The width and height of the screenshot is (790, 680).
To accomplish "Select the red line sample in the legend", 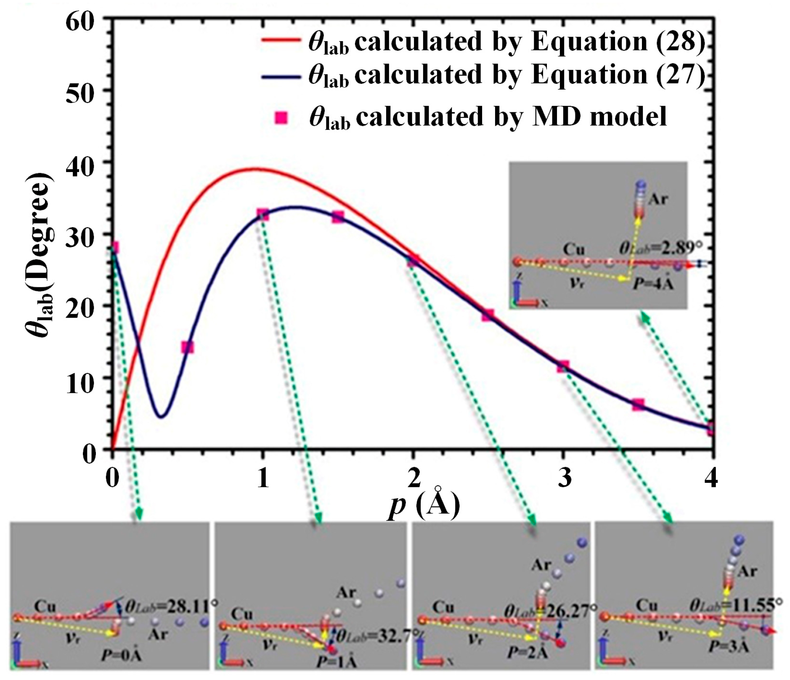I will click(281, 40).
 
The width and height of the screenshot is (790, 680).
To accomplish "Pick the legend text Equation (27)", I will click(618, 75).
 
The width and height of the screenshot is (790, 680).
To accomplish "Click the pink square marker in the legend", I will click(281, 118).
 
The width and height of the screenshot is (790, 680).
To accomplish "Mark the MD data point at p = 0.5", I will click(187, 347).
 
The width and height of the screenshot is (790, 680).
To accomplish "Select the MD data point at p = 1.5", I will click(338, 217).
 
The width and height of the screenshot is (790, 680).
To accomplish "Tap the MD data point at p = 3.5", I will click(638, 405).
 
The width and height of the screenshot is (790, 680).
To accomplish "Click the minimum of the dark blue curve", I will click(161, 416).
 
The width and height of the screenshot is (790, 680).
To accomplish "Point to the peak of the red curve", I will click(254, 169).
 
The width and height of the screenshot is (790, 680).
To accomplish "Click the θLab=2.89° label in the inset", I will click(655, 248).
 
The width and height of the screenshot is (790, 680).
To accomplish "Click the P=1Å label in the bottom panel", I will click(336, 662).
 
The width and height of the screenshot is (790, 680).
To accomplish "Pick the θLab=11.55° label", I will click(735, 606).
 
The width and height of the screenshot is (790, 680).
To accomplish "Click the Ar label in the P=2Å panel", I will click(541, 565).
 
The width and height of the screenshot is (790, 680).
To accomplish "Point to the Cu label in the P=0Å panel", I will click(45, 606).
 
